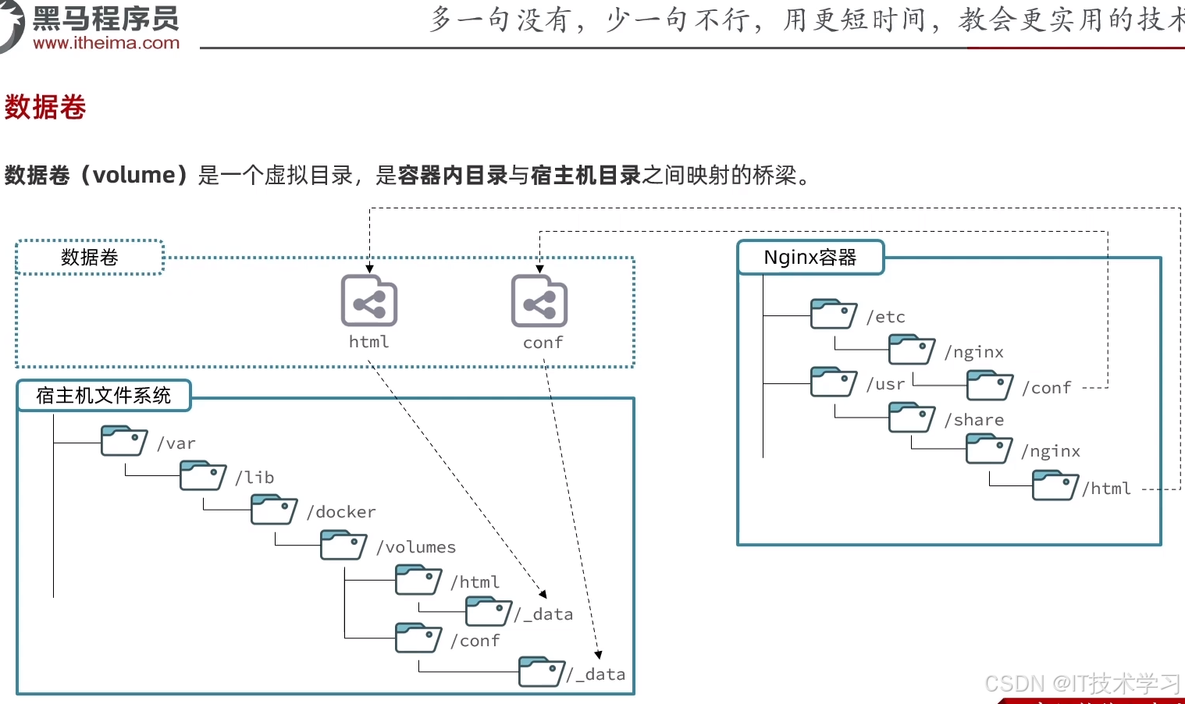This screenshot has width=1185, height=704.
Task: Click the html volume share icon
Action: point(369,300)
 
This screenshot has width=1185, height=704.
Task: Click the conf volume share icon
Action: point(539,301)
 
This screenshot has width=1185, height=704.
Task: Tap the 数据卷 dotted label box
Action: point(90,258)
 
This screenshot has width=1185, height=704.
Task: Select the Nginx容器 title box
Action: point(810,258)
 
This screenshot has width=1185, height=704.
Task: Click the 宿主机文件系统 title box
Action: point(104,396)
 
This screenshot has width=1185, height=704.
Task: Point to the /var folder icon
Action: point(124,441)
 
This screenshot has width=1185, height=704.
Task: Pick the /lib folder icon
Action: point(203,475)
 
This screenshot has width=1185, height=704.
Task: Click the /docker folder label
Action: point(341,512)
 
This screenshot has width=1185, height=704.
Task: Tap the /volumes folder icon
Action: point(343,545)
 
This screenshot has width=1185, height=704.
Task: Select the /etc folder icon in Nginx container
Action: point(834,314)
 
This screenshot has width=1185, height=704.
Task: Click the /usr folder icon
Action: point(834,382)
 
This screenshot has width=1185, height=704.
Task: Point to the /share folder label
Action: point(974,420)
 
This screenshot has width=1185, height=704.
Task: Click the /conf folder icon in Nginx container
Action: point(990,386)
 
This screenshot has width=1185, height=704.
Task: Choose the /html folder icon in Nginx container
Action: point(1055,485)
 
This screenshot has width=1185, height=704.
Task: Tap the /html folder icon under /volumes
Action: point(418,580)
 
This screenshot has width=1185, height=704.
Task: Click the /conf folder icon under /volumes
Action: point(418,638)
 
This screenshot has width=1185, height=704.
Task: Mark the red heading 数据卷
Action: point(45,107)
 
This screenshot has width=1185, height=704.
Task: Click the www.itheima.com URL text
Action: point(106,43)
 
